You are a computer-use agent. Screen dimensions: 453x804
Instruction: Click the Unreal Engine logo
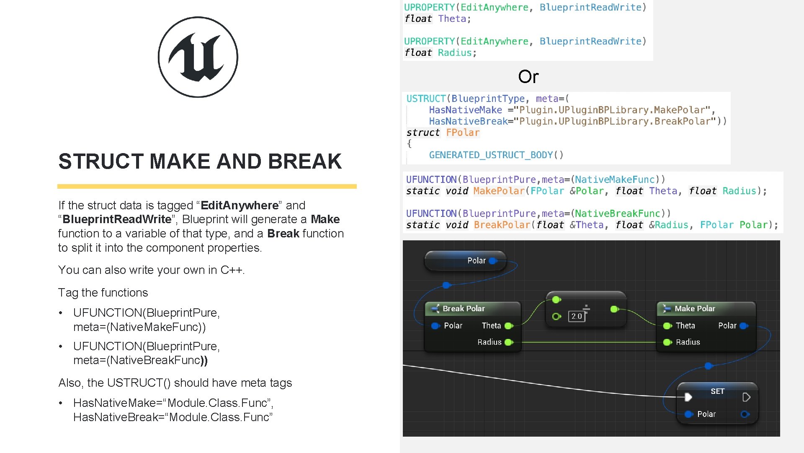[198, 57]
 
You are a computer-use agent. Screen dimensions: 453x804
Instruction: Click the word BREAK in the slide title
[305, 161]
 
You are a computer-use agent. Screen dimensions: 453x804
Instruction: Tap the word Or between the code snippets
[528, 76]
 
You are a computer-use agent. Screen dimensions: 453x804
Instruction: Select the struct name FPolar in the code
[462, 133]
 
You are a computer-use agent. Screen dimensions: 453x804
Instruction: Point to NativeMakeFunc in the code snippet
[614, 180]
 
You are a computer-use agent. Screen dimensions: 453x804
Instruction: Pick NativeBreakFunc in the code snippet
[617, 213]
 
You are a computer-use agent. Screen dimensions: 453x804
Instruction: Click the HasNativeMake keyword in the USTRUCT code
[465, 110]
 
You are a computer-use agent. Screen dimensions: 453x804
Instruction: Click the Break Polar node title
[464, 308]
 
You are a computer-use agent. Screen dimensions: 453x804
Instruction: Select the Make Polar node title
[695, 308]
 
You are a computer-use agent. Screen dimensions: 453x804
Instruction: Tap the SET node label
[717, 391]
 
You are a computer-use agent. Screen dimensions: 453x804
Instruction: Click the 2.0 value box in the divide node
[577, 316]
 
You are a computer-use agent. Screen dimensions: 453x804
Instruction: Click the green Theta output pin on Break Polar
[509, 326]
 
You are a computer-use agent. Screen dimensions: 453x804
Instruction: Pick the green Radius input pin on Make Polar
[667, 342]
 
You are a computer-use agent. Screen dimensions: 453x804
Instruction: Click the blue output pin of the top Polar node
[493, 260]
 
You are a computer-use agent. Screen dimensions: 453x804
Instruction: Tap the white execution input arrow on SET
[688, 397]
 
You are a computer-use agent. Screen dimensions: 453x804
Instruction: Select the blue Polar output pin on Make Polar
[744, 326]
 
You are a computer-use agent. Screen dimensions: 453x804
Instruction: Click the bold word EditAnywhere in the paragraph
[240, 206]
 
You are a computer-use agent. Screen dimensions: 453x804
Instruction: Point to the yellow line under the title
[207, 186]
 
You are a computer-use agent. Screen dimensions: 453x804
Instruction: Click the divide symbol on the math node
[586, 310]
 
